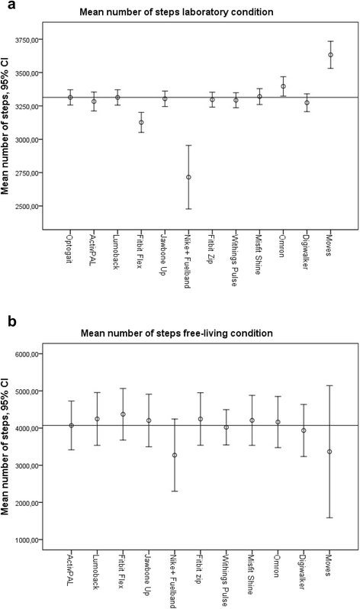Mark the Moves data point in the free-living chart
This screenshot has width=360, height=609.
[x=329, y=452]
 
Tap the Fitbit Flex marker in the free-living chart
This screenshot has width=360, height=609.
[x=123, y=414]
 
